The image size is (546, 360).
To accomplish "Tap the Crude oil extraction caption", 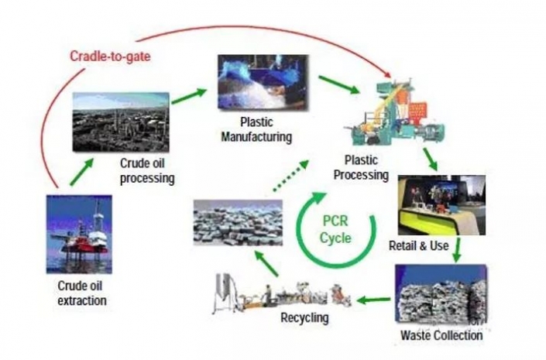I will [81, 293].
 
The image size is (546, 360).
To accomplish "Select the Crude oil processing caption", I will [147, 170].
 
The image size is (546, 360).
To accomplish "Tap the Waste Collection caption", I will [441, 335].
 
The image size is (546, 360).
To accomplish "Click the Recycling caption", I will [304, 317].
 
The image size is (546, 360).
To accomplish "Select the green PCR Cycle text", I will [336, 230].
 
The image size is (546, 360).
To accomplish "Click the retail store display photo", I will [441, 204].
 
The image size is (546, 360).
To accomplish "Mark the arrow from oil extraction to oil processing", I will [81, 171].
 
